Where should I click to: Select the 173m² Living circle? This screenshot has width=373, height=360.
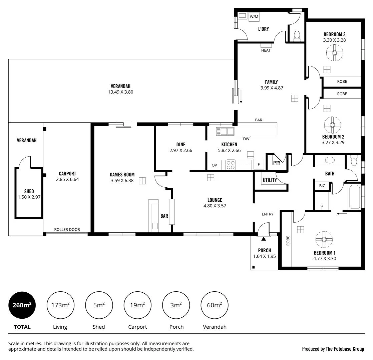tap(60, 305)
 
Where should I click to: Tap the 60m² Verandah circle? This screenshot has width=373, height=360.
tap(214, 305)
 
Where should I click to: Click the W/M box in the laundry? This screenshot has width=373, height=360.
tap(254, 16)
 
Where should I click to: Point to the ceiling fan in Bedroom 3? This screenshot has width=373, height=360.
tap(334, 53)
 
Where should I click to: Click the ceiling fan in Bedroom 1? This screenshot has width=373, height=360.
tap(324, 239)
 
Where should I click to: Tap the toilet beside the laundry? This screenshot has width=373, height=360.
tap(297, 35)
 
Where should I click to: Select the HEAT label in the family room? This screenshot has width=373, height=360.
tap(266, 50)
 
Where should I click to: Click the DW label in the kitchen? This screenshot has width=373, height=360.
tap(246, 139)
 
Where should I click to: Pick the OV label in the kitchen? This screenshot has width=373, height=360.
tap(214, 165)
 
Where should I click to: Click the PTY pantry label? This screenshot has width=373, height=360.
tap(277, 163)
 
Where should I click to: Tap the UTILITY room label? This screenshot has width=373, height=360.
tap(270, 180)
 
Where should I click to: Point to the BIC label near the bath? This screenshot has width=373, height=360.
tap(322, 186)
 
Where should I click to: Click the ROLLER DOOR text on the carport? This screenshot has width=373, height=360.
tap(67, 230)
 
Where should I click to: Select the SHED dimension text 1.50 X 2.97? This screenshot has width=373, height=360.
tap(29, 197)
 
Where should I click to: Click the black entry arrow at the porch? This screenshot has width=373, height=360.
tap(264, 238)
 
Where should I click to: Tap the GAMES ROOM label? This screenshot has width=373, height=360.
tap(122, 174)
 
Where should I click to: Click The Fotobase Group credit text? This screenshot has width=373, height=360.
tap(345, 349)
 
